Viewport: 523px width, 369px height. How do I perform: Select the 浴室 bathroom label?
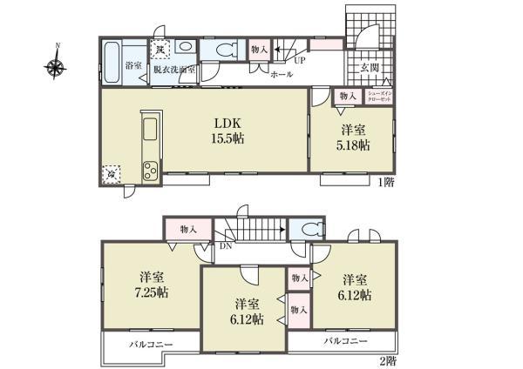[x=133, y=65]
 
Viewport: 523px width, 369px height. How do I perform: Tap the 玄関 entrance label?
[x=369, y=67]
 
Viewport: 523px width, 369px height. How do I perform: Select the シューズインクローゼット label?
[x=377, y=96]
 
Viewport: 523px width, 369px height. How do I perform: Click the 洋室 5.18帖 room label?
[x=352, y=138]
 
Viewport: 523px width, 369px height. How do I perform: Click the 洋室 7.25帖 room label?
[x=151, y=284]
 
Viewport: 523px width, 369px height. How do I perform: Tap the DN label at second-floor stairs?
[x=226, y=246]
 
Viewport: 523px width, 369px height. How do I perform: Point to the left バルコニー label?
[x=152, y=345]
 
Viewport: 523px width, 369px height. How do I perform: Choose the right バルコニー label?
[x=345, y=341]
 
